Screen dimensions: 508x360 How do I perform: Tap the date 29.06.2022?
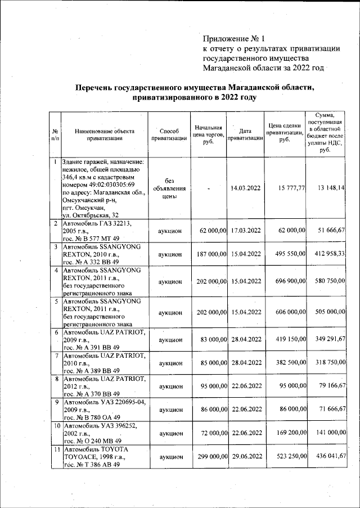[246, 458]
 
